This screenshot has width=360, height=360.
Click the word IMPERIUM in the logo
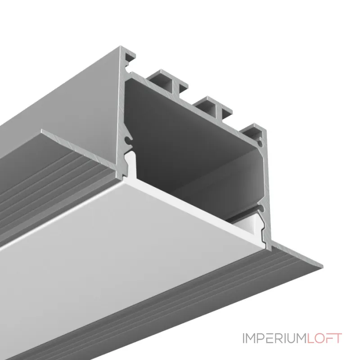(274, 338)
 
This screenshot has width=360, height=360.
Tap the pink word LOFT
(324, 338)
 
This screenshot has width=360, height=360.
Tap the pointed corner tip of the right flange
(322, 266)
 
